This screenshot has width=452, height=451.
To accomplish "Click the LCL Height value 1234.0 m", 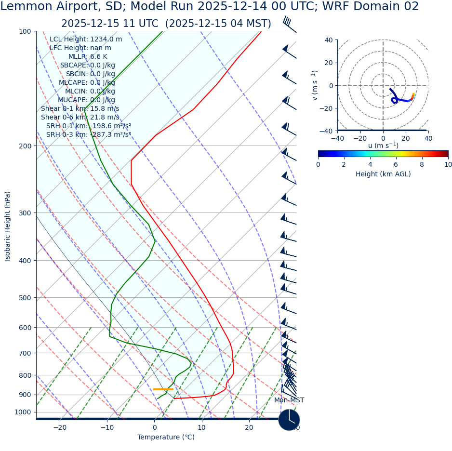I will coord(106,40).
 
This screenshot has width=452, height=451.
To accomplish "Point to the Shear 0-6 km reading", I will coord(80,118).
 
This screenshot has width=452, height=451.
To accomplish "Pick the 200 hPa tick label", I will coord(25,146).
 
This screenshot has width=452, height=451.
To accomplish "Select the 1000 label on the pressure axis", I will coord(23,412).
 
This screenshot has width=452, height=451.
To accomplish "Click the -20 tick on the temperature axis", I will coord(60,427).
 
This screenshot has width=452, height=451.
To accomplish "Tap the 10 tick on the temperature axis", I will coord(201,427).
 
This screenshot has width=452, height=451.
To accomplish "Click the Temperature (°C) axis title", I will coord(166,438).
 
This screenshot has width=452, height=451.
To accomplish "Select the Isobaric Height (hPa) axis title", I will coord(8,226).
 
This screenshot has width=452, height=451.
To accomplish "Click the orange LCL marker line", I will coord(163,389).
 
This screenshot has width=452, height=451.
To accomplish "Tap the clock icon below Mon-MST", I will coord(289,420).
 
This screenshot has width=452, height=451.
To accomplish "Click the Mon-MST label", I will coord(289,400).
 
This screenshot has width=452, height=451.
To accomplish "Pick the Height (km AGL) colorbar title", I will coord(383,174).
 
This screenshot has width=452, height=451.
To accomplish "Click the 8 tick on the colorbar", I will coord(422,164).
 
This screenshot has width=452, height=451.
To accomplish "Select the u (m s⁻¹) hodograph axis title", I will coord(383,146).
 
